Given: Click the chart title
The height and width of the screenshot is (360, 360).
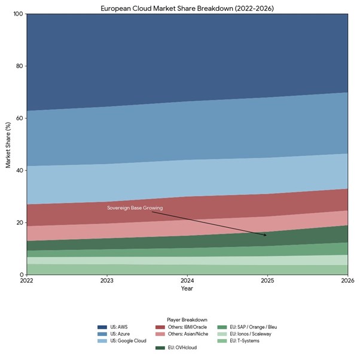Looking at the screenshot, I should tap(187, 7).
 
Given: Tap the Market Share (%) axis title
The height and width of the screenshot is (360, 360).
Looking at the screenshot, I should tap(8, 144).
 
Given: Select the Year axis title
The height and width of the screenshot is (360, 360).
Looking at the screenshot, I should tap(187, 288).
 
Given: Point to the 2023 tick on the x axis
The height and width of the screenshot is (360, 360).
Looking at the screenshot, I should tap(106, 280).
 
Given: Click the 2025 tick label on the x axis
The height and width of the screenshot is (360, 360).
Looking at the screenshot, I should tap(267, 280).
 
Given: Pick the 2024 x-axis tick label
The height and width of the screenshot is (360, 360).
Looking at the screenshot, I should tap(187, 280).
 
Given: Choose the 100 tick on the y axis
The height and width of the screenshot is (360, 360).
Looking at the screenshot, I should tap(17, 14).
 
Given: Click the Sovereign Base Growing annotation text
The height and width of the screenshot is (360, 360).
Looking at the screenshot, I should tap(135, 208).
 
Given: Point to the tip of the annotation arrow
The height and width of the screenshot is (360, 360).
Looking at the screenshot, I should tap(267, 236).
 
